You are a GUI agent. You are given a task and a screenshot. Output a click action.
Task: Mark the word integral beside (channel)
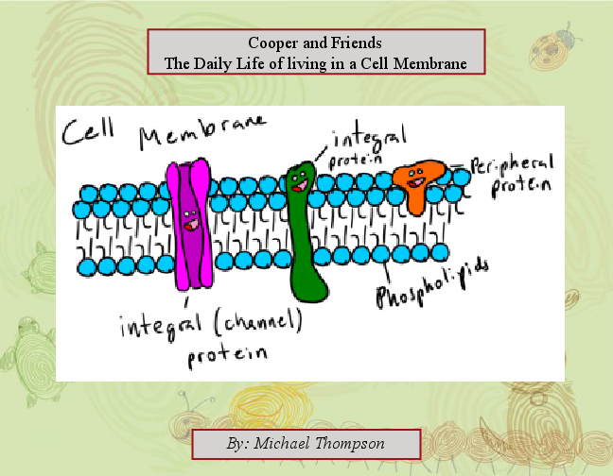[x=156, y=328]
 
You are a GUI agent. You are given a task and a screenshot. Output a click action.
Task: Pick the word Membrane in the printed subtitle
[x=428, y=64]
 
